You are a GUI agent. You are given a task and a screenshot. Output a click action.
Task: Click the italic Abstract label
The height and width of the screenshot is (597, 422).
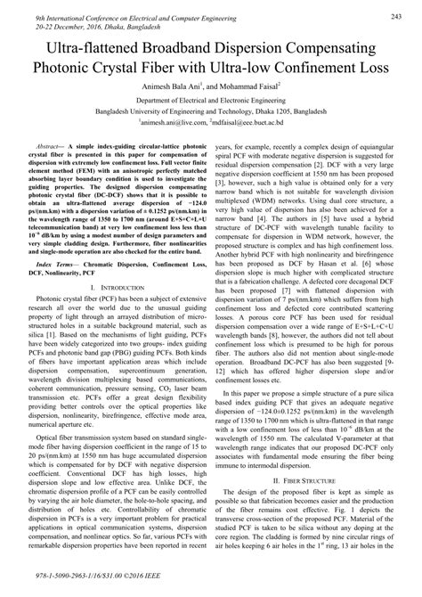51,144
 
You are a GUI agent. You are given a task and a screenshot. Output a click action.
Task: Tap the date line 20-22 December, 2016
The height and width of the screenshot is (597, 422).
85,25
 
